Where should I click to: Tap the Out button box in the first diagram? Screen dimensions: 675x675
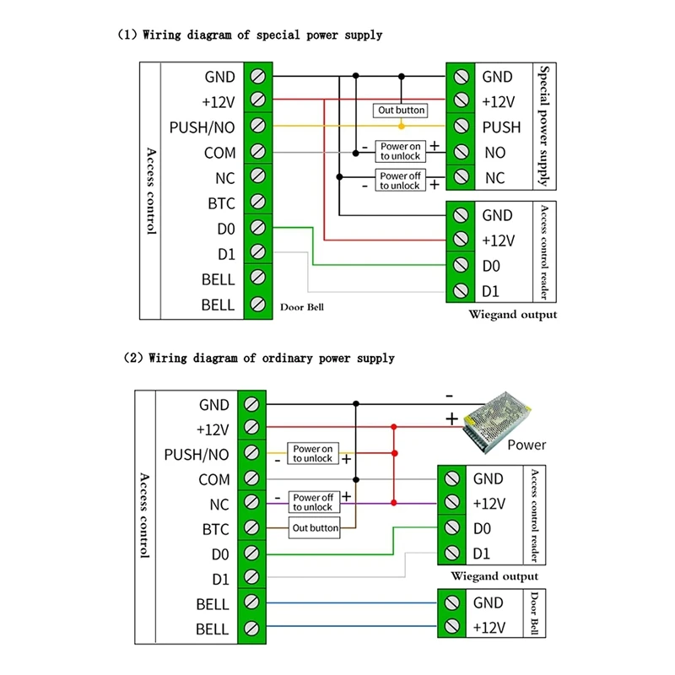tap(401, 111)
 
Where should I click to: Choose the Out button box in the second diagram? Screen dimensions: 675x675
tap(315, 528)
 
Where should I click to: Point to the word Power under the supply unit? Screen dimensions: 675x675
tap(526, 445)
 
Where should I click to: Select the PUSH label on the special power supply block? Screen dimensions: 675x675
tap(501, 127)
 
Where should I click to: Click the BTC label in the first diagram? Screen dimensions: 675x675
tap(221, 203)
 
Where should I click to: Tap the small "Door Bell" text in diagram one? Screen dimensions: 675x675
tap(302, 308)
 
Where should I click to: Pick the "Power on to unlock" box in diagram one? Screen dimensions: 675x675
tap(399, 151)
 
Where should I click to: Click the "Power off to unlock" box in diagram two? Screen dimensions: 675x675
tap(313, 503)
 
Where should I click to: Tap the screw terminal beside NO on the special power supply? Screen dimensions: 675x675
tap(460, 153)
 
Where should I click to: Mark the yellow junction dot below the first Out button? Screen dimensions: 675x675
tap(401, 127)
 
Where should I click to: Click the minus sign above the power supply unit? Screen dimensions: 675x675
tap(449, 395)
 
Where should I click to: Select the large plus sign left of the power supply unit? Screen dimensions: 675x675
tap(451, 418)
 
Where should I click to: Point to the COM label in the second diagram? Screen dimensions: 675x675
tap(213, 479)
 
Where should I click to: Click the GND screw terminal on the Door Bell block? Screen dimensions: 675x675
tap(451, 603)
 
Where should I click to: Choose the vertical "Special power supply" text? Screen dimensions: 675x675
tap(543, 127)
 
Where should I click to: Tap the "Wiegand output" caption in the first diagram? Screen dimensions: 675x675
tap(513, 315)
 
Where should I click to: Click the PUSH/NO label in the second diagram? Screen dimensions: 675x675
tap(197, 454)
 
